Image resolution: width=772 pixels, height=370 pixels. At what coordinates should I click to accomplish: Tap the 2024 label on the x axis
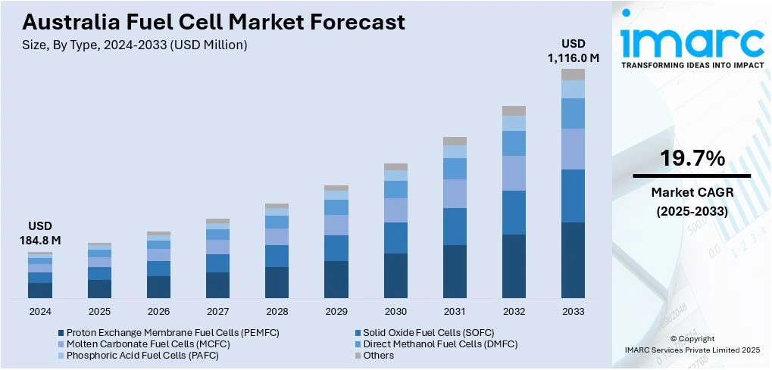coord(40,311)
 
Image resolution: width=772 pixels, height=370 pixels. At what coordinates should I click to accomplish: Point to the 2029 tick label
coord(336,311)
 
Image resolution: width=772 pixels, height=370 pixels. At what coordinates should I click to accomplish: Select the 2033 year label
coord(573,311)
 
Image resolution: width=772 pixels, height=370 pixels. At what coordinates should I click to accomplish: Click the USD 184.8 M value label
coord(40,233)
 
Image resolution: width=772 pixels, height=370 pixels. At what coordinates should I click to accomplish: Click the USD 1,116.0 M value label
coord(574,51)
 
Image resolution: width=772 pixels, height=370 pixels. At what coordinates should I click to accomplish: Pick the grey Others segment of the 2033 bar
coord(573,74)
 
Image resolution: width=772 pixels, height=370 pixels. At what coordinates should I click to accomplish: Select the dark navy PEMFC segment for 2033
coord(573,260)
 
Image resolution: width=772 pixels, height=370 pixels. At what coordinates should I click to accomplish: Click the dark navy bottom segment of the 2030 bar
coord(395,275)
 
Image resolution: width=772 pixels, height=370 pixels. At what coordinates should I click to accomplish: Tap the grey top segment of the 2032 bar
coord(514,110)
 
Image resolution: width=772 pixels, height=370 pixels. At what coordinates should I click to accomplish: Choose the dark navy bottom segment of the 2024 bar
coord(40,290)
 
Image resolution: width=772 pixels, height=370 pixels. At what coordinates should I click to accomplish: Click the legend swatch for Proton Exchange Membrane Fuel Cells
coord(61,332)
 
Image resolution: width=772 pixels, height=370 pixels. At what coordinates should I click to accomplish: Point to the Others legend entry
coord(378,356)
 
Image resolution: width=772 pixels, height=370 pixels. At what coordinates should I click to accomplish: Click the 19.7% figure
coord(692,159)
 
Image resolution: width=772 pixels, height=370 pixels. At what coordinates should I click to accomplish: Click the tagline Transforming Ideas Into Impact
coord(692,65)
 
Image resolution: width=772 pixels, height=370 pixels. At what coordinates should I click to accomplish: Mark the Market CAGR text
coord(692,192)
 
